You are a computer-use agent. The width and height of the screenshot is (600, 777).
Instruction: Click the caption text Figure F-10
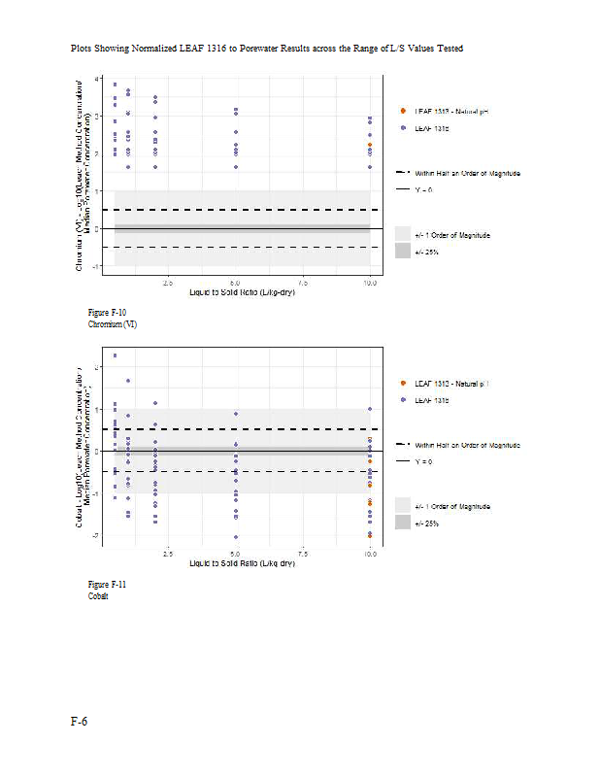tap(107, 313)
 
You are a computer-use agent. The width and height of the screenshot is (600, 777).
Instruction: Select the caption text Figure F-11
tap(107, 584)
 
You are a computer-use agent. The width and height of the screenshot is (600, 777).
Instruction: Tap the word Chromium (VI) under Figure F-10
tap(113, 324)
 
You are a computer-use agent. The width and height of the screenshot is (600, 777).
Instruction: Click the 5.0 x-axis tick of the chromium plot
tap(235, 283)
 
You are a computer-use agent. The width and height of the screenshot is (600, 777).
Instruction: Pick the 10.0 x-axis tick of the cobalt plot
tap(370, 554)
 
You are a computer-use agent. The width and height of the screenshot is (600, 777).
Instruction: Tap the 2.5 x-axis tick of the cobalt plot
tap(167, 554)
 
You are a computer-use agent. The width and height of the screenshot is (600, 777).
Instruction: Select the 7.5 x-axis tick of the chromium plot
tap(303, 283)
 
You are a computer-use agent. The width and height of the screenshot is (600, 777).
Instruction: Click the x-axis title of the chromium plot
tap(242, 292)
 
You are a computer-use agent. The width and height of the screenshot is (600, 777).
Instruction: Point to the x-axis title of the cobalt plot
tap(242, 563)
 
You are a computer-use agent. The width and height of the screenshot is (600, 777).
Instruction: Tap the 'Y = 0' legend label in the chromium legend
tap(424, 189)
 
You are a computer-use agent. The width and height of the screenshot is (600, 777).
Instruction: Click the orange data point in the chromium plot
tap(370, 146)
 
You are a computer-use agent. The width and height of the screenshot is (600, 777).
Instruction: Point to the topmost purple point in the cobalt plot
tap(115, 355)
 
